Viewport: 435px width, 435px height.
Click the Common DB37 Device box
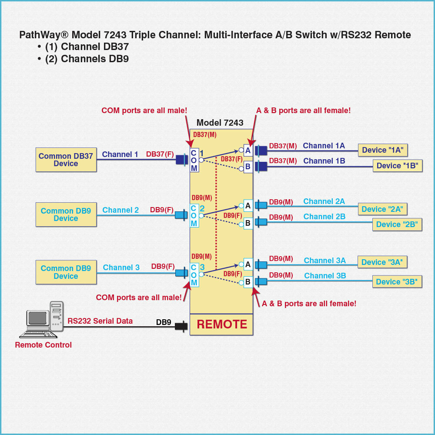coord(65,160)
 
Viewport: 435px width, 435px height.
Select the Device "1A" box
coord(382,150)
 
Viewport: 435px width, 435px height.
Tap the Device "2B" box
coord(397,224)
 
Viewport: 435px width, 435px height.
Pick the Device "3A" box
coord(382,262)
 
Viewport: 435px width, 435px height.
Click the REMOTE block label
coord(222,324)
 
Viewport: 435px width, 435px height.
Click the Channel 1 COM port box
coord(194,161)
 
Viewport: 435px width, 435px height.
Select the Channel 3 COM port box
coord(194,275)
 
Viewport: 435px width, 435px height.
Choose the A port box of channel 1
coord(248,151)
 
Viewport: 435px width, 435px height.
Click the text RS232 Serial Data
coord(100,321)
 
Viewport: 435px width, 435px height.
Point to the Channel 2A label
coord(324,201)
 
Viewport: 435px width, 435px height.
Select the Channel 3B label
coord(325,276)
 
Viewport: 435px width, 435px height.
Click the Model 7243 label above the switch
coord(220,123)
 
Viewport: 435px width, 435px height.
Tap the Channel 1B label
coord(324,161)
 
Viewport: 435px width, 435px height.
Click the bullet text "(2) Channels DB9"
coord(87,59)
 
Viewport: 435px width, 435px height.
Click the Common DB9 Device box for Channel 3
coord(66,272)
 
